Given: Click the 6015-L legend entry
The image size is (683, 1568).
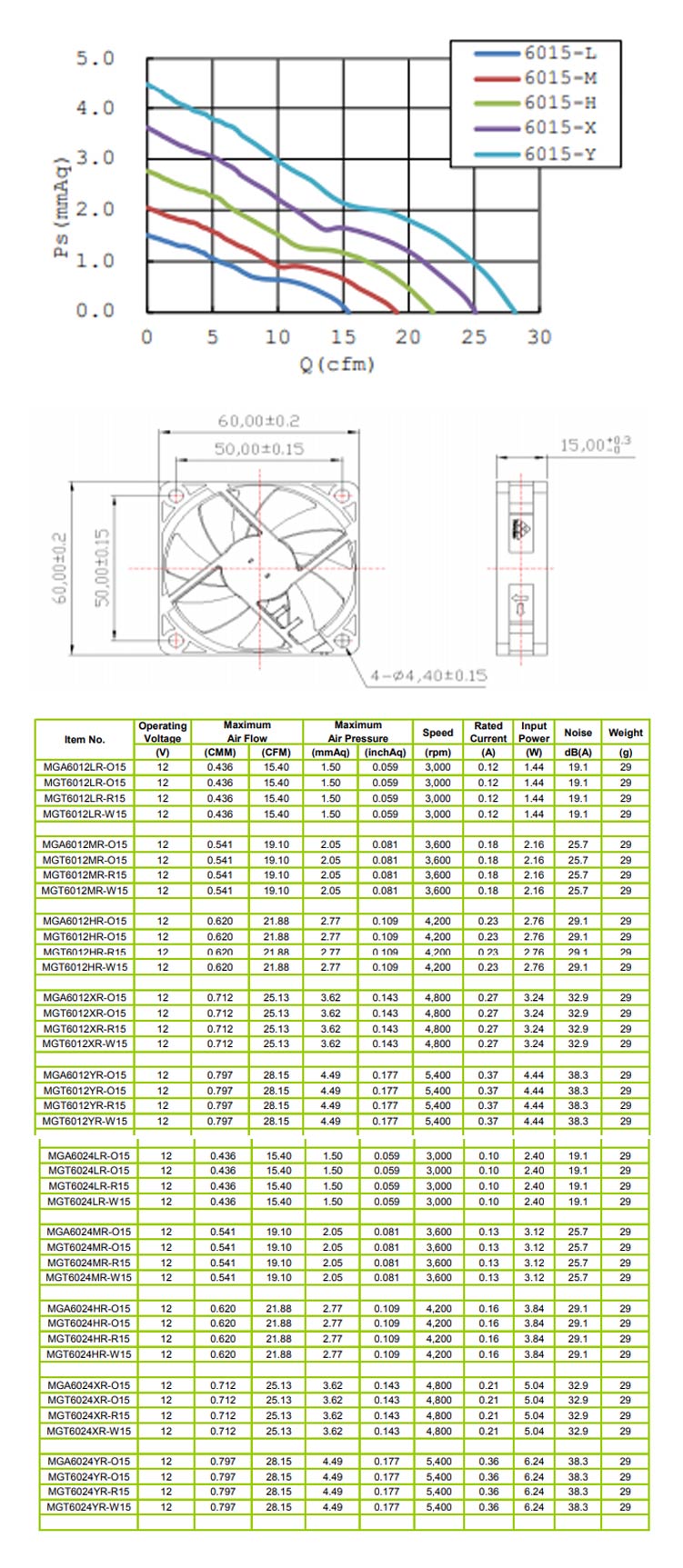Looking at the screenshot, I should [x=560, y=54].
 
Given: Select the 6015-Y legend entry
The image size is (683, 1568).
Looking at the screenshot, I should [x=560, y=154].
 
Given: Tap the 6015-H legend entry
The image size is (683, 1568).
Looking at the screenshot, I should [x=560, y=104].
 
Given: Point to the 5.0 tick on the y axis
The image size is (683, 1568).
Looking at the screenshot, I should [x=95, y=59].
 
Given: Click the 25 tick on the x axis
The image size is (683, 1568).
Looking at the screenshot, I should [x=474, y=337].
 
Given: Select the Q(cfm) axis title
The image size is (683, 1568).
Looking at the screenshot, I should [x=337, y=365].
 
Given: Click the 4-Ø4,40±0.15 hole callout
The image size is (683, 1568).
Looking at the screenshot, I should [x=428, y=675].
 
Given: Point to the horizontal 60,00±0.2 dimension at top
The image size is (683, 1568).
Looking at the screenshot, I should [x=258, y=422].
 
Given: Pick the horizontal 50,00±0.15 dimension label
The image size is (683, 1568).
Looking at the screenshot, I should [x=258, y=449].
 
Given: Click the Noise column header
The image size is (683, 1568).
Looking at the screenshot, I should [x=578, y=733].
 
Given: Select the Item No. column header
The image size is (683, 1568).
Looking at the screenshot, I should [x=85, y=739].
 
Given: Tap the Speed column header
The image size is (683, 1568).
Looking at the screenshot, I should [x=437, y=733].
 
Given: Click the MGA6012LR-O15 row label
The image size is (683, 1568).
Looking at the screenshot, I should [x=85, y=767].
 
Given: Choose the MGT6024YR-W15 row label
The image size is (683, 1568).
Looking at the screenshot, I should [x=89, y=1507].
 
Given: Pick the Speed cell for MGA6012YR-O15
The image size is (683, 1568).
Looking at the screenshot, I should [x=437, y=1075].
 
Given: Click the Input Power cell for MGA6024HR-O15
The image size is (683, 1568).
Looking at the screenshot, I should [x=534, y=1309].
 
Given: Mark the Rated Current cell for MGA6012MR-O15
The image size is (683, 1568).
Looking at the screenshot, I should [x=488, y=844].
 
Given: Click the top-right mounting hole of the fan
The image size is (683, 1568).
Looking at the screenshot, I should [x=342, y=494].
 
